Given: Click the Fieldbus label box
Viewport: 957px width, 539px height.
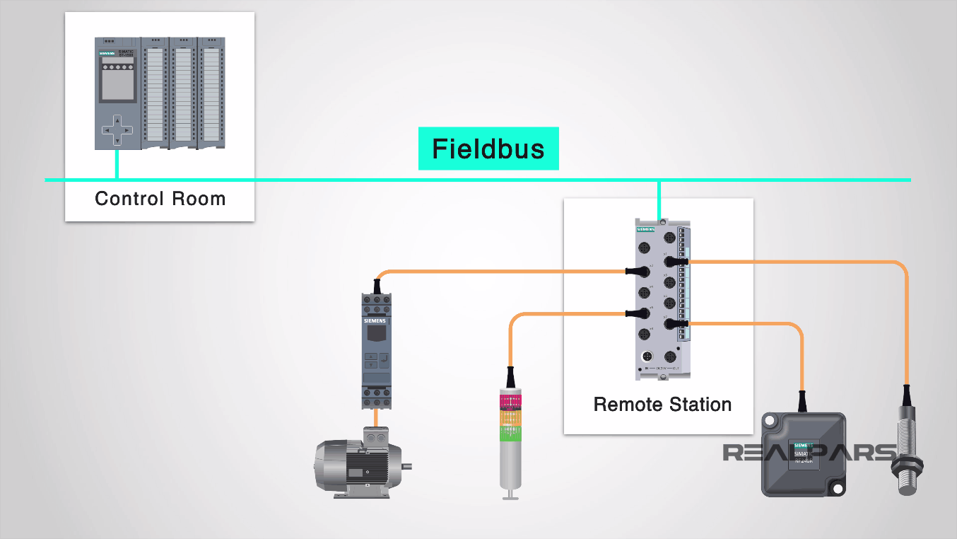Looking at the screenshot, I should click(x=488, y=149).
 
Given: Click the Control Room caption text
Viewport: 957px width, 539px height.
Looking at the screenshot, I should click(x=160, y=199).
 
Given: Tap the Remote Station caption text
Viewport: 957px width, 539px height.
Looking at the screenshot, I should click(x=662, y=405).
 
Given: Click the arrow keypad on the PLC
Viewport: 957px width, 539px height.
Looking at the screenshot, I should click(x=117, y=131).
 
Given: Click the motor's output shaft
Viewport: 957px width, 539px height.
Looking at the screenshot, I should click(x=406, y=467).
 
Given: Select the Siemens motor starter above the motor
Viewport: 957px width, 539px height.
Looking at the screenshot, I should click(x=375, y=351).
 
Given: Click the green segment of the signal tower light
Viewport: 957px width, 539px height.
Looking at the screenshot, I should click(x=510, y=433).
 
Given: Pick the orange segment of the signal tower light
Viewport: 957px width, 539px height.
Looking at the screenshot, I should click(x=510, y=418).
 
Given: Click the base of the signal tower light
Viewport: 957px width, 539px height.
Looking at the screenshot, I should click(x=509, y=494).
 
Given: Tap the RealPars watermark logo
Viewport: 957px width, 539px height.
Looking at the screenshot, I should click(x=809, y=452).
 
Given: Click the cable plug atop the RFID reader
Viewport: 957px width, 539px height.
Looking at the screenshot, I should click(x=802, y=401).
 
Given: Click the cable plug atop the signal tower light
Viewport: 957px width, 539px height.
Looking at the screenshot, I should click(x=510, y=376).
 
